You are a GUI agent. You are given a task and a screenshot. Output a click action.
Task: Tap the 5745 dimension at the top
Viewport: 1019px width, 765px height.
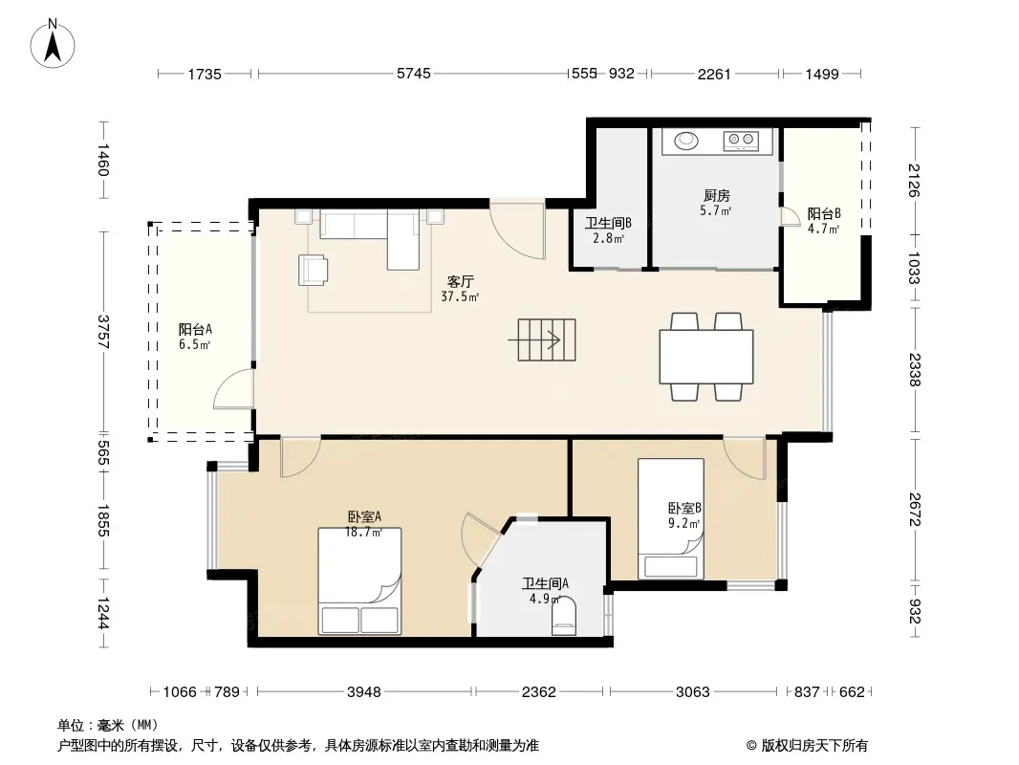[x=414, y=74]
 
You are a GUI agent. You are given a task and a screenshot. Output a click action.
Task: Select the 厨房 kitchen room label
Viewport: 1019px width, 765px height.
[x=716, y=195]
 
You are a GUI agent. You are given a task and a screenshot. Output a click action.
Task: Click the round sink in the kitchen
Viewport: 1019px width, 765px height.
[x=685, y=141]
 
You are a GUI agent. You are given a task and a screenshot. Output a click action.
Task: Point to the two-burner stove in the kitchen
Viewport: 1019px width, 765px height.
[x=741, y=140]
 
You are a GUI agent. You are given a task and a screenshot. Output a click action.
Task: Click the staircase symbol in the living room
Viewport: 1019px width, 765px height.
[x=546, y=339]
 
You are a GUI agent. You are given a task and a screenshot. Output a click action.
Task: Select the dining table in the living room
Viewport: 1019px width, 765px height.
[x=706, y=357]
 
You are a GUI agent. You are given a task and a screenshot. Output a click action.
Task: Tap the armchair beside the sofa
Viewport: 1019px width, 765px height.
[x=313, y=270]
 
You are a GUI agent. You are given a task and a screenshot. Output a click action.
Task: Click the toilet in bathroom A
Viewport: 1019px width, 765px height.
[x=563, y=617]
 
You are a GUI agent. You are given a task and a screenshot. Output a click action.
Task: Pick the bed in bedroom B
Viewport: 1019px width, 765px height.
[x=671, y=518]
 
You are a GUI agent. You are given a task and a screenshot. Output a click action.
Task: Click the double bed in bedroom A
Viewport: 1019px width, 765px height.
[x=359, y=580]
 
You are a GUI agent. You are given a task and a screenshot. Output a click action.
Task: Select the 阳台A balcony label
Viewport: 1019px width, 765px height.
[x=195, y=330]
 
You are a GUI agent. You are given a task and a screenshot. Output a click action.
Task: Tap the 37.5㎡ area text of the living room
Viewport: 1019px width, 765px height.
[x=460, y=297]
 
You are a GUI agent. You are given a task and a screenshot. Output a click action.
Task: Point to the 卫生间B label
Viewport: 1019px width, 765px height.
[x=608, y=223]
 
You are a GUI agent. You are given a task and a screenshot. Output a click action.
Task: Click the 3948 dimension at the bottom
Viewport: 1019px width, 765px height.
[x=364, y=691]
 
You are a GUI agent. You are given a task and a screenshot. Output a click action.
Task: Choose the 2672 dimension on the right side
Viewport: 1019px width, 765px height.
[x=915, y=510]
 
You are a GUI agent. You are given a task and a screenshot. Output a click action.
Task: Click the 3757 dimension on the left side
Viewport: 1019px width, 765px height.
[x=102, y=332]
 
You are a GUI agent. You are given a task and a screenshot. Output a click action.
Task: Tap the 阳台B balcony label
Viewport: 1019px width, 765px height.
[x=824, y=213]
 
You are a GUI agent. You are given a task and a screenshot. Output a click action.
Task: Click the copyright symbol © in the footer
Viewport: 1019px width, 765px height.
[x=751, y=746]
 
